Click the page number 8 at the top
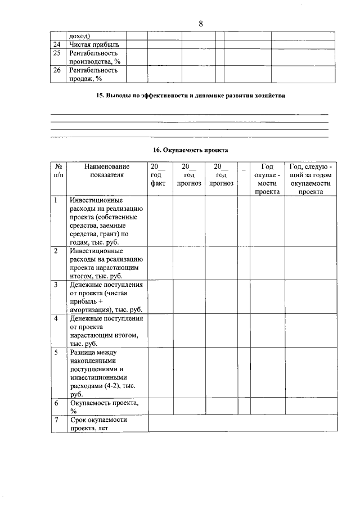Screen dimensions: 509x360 [x=201, y=23]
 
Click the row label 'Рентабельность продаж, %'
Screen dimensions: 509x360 [x=93, y=75]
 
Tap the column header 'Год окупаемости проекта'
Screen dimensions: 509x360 [x=267, y=179]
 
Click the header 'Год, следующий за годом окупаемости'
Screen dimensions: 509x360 [x=310, y=179]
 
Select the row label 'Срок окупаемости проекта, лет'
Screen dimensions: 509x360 [x=98, y=424]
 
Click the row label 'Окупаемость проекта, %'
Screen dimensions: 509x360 [x=104, y=407]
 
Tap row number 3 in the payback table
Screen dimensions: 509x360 [x=56, y=285]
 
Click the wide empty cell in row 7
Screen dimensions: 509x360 [x=243, y=424]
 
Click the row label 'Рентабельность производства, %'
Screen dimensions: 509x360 [x=94, y=57]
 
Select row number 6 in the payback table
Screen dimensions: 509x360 [x=56, y=403]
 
